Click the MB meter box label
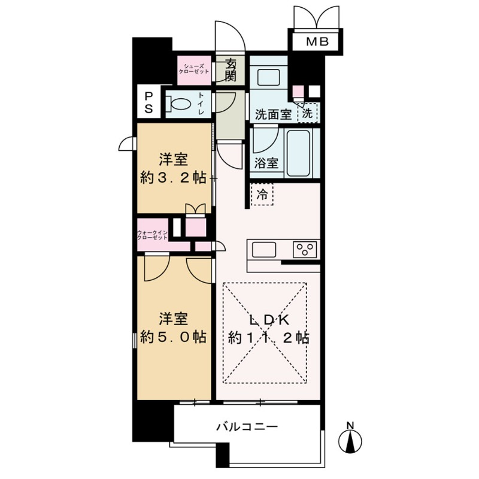click(313, 42)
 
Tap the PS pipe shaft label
click(148, 103)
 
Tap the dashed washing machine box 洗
click(307, 112)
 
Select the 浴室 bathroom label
click(266, 163)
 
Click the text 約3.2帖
click(173, 178)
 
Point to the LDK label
click(267, 319)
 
